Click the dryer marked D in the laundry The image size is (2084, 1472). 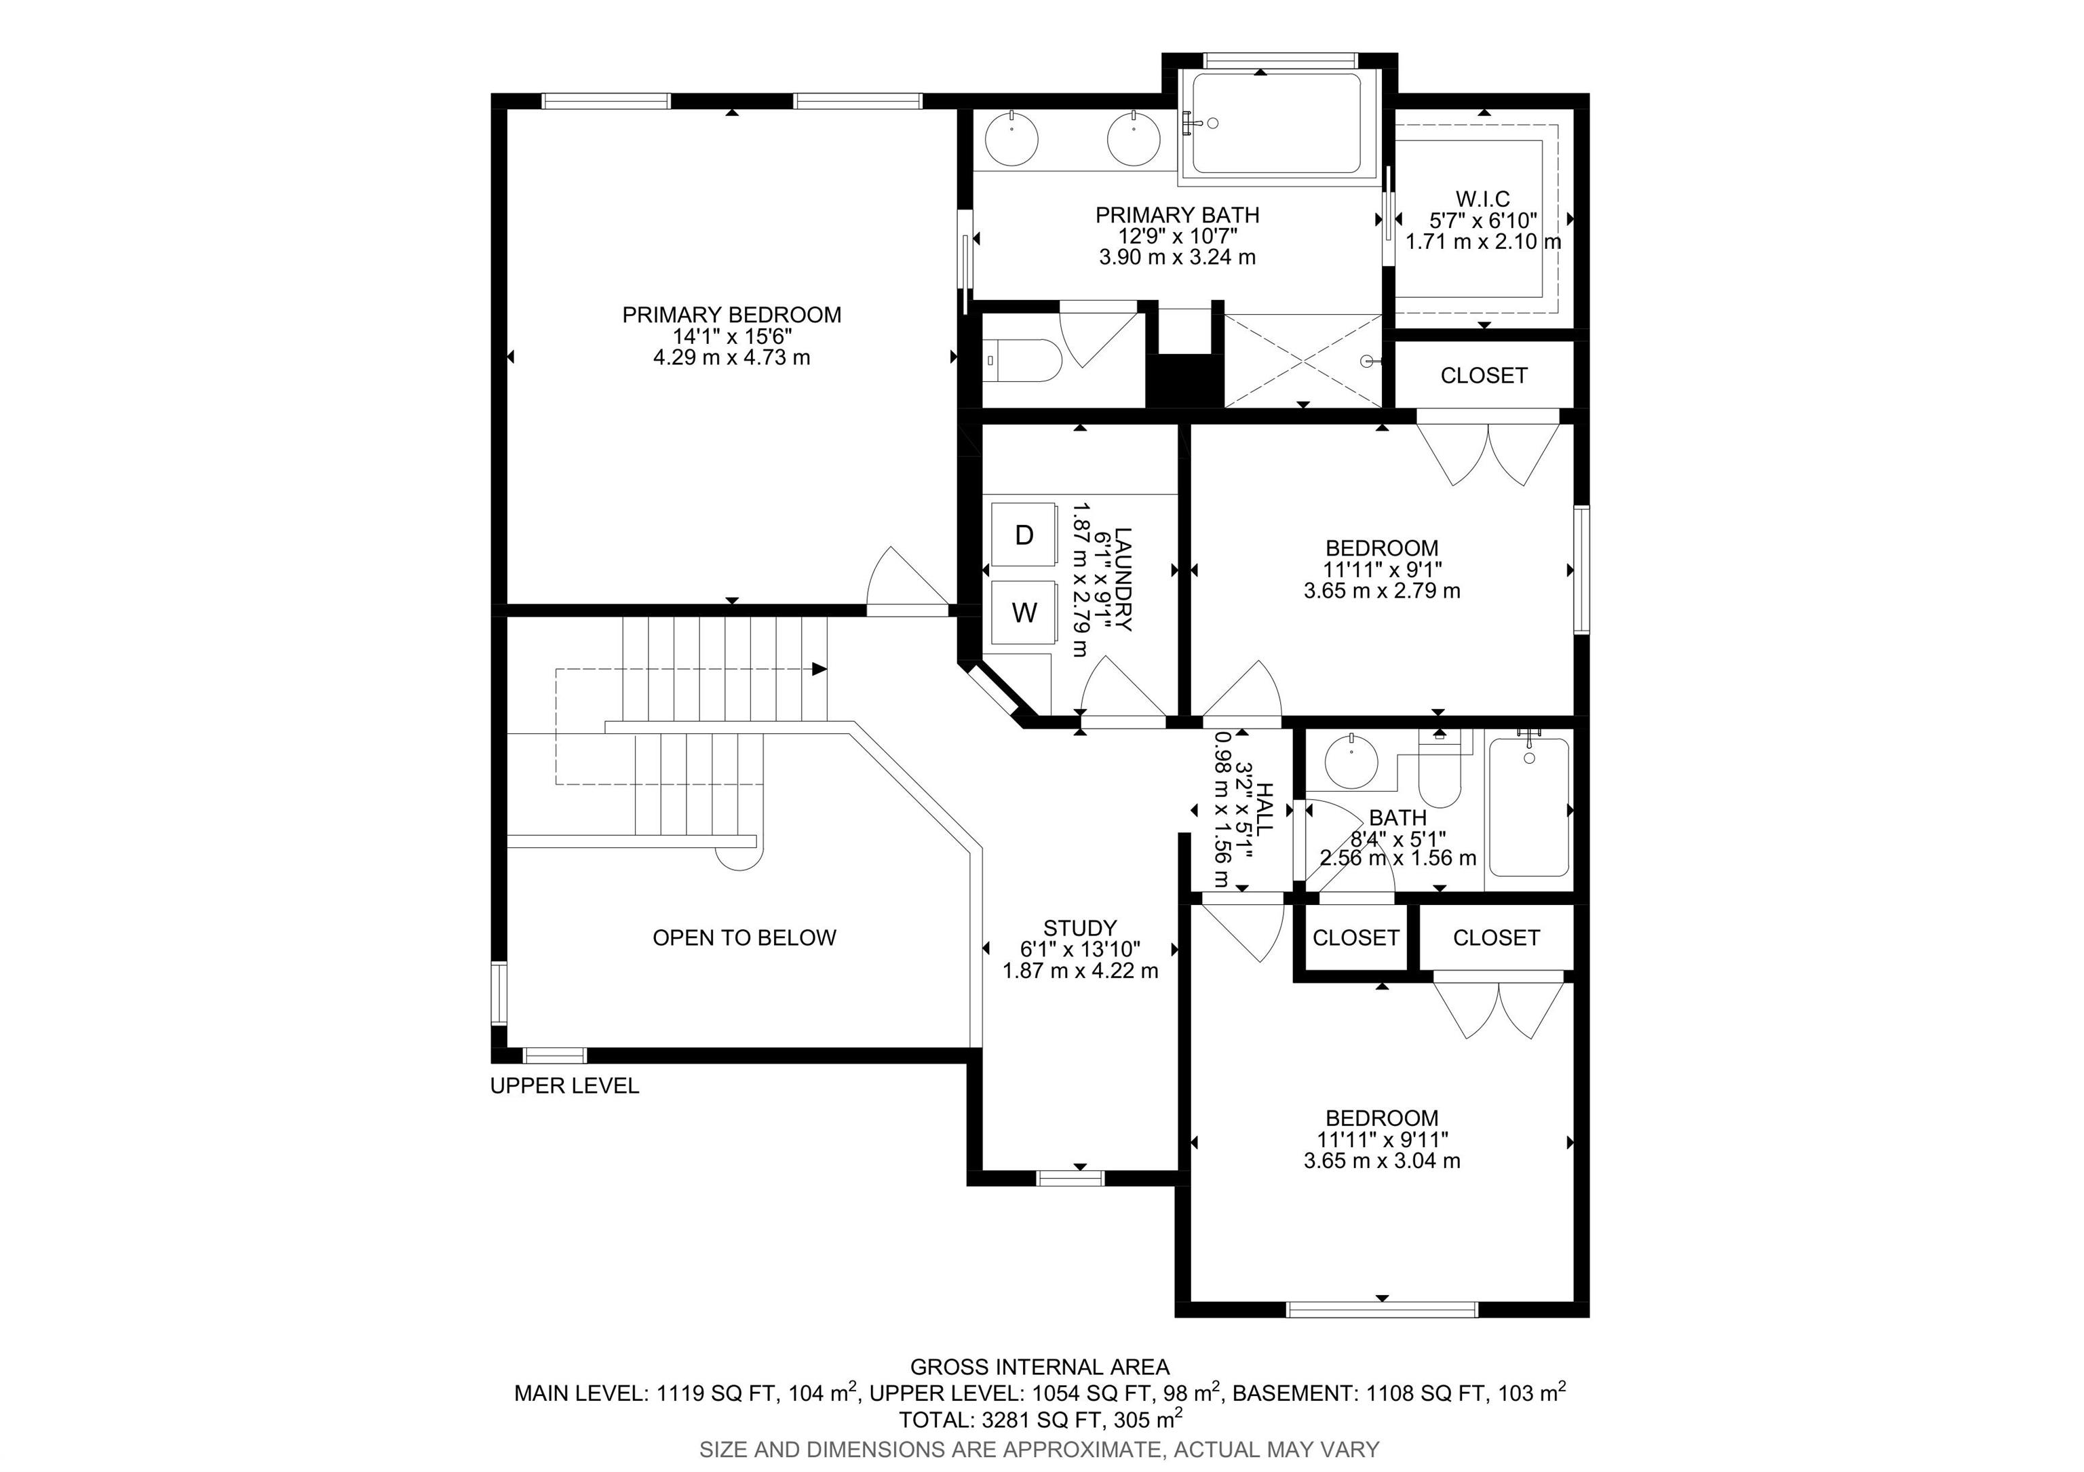[1024, 535]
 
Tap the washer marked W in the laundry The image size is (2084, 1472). [1024, 613]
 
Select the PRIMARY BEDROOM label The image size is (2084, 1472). [731, 315]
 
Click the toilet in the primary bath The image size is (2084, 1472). [1023, 360]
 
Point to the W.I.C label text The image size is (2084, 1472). [1483, 199]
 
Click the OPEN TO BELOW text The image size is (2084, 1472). [744, 937]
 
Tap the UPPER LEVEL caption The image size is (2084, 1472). [564, 1085]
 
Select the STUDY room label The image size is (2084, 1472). [1080, 927]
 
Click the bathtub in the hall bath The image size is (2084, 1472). [1528, 807]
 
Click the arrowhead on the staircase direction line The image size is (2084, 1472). [819, 669]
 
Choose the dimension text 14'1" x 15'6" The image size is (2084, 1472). [731, 336]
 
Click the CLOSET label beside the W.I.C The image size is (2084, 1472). [1484, 376]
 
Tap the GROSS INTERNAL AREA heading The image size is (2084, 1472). [1040, 1367]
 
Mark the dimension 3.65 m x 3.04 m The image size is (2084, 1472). [1383, 1160]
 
